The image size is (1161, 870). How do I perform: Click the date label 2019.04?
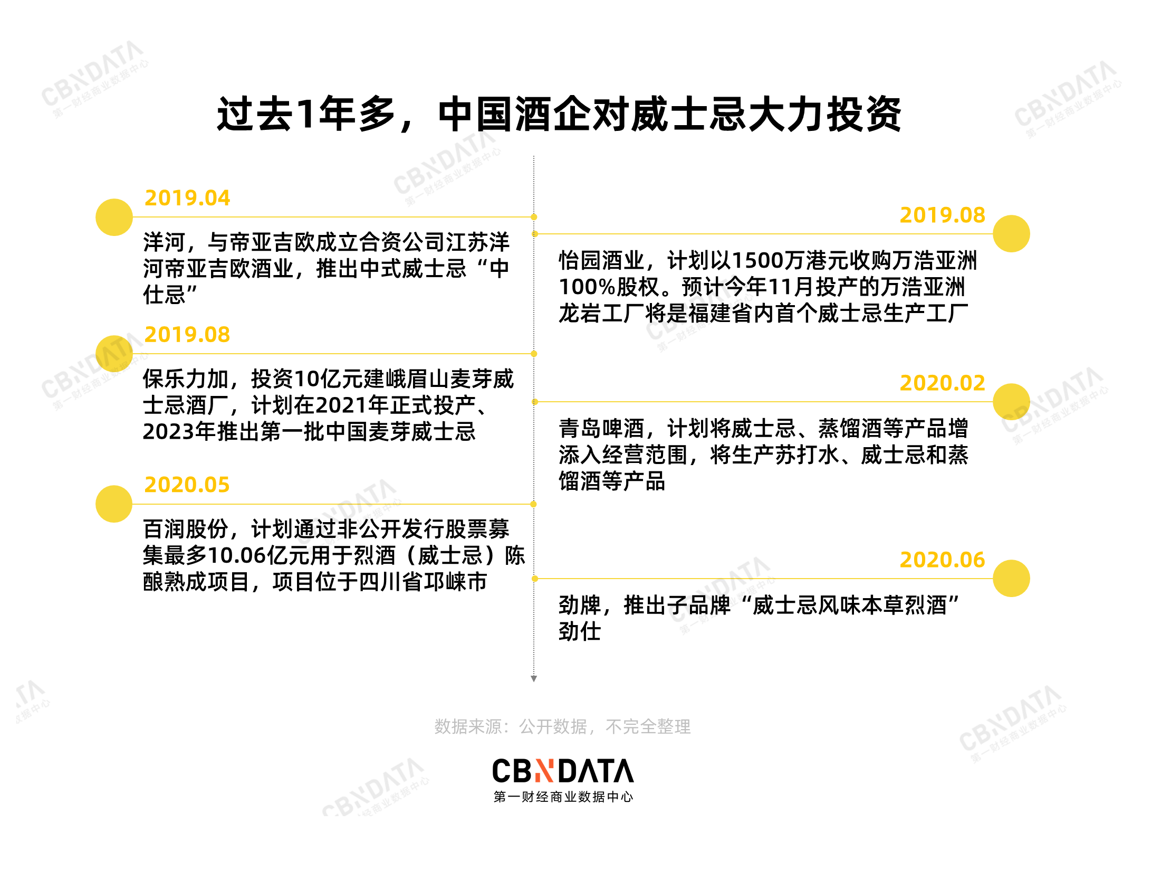[187, 198]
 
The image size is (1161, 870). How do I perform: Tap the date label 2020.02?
[942, 383]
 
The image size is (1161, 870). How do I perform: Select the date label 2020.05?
[187, 485]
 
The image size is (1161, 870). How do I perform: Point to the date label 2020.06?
[942, 560]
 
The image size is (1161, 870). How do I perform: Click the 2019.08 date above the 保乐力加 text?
[187, 334]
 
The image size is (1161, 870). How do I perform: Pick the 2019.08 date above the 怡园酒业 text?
[942, 215]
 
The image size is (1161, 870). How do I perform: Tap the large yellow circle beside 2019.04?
[114, 217]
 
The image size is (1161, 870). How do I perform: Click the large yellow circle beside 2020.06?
[1011, 579]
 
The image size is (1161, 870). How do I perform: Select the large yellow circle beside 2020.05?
[114, 504]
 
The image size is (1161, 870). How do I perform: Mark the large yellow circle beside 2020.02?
[1011, 402]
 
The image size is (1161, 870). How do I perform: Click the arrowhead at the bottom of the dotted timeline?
[534, 679]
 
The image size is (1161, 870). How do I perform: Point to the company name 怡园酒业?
[601, 260]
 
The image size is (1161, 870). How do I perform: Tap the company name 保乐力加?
[185, 379]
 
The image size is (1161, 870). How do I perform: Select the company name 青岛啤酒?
[601, 428]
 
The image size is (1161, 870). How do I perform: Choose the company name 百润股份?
[185, 529]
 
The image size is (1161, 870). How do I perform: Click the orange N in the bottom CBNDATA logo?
[544, 771]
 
